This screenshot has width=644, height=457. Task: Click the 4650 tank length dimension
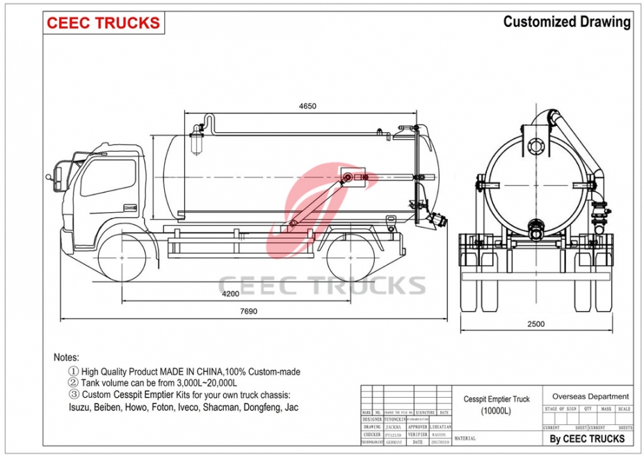(x=307, y=106)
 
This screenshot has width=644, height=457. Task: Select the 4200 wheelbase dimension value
(x=230, y=295)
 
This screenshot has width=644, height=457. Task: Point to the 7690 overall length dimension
(x=248, y=312)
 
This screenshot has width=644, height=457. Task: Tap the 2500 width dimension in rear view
(x=536, y=323)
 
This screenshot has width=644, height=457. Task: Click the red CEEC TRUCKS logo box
(x=104, y=23)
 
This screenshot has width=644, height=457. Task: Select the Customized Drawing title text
(x=567, y=22)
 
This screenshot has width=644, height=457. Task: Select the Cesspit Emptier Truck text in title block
(x=497, y=399)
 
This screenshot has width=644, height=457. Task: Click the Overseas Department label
(x=590, y=396)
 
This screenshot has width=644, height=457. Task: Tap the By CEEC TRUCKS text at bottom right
(x=587, y=438)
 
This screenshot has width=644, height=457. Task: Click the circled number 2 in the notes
(x=73, y=383)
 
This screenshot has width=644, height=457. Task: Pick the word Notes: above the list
(x=67, y=357)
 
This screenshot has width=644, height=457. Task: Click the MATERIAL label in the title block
(x=466, y=438)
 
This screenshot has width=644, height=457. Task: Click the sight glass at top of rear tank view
(x=535, y=146)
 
